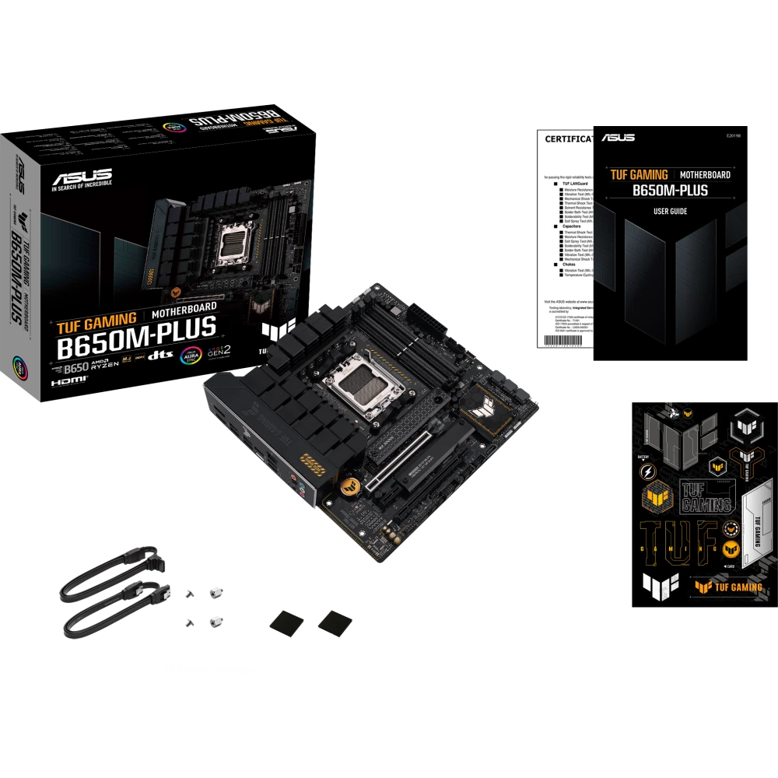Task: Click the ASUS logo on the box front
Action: (81, 176)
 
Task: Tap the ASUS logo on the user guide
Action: (618, 138)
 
